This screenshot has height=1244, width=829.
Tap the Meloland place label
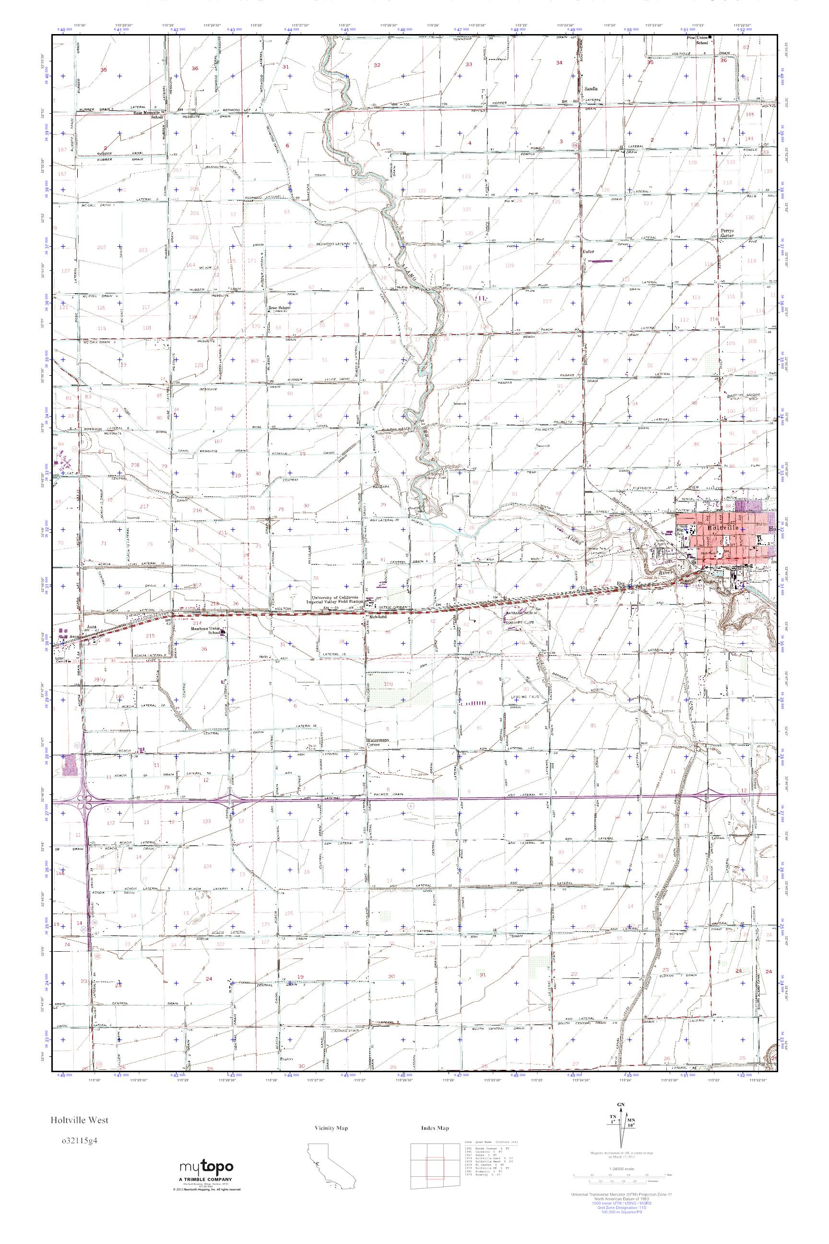377,617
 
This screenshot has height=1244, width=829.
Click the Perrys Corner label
727,233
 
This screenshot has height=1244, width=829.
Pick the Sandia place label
590,89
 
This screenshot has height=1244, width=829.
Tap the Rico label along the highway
621,584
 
